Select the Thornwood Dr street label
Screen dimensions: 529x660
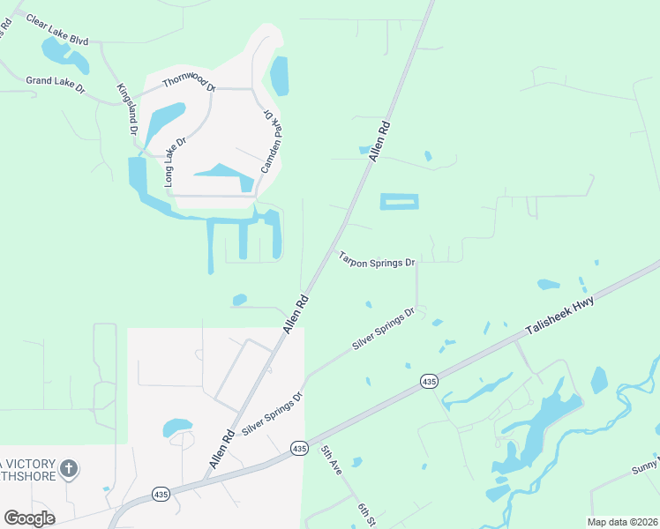click(189, 85)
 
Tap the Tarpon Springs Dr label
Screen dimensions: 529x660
click(377, 260)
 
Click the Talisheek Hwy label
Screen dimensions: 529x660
click(560, 316)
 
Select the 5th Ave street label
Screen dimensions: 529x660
click(331, 460)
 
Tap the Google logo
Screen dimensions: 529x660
click(29, 518)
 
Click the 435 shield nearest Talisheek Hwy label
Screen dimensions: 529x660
click(429, 381)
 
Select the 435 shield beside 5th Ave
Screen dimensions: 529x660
click(299, 449)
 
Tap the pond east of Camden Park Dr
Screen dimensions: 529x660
click(279, 77)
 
